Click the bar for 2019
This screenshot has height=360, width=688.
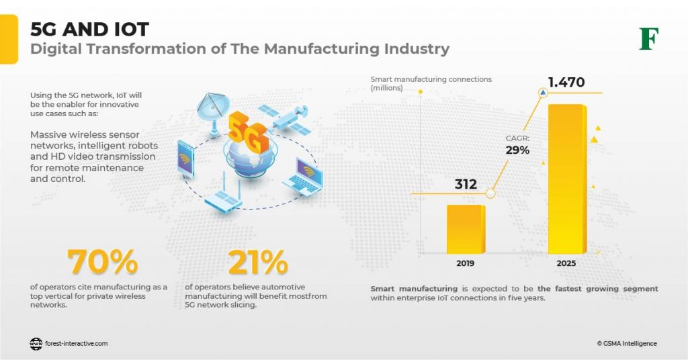pos(465,229)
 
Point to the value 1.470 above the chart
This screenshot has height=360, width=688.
pos(566,83)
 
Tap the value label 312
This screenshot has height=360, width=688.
pos(465,183)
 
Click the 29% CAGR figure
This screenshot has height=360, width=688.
pos(517,150)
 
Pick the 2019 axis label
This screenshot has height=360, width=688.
pos(465,263)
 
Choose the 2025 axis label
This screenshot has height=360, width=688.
pos(566,263)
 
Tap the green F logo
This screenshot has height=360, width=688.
pos(648,39)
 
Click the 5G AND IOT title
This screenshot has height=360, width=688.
pos(89,30)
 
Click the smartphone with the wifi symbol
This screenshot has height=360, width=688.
pos(185,159)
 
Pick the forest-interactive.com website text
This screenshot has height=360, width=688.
pos(76,343)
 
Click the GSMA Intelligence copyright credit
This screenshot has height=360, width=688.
pos(627,343)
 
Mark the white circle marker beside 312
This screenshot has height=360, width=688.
pos(490,193)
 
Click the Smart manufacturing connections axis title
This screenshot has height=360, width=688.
pos(431,83)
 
